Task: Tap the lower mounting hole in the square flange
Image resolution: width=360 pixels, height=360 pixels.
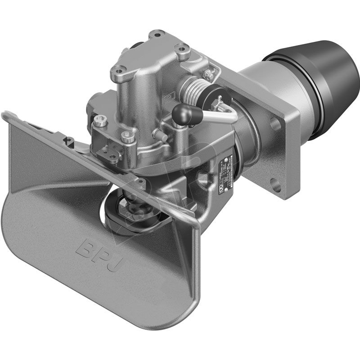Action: click(275, 184)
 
